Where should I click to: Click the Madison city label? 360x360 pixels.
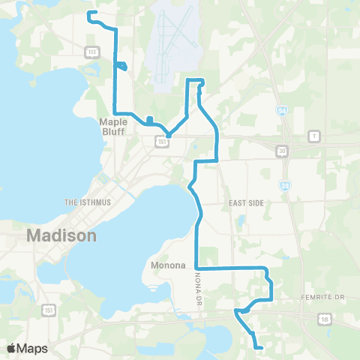click(x=61, y=235)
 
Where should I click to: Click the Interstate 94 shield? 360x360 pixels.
click(x=281, y=111)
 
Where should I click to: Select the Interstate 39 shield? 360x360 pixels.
click(x=286, y=184)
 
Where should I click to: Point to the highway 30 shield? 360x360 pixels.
click(x=282, y=150)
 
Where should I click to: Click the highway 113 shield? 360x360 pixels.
click(x=91, y=51)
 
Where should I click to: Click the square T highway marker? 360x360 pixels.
click(x=314, y=135)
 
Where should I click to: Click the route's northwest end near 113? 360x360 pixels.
click(x=89, y=13)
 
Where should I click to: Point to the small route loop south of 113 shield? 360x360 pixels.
click(x=121, y=67)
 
